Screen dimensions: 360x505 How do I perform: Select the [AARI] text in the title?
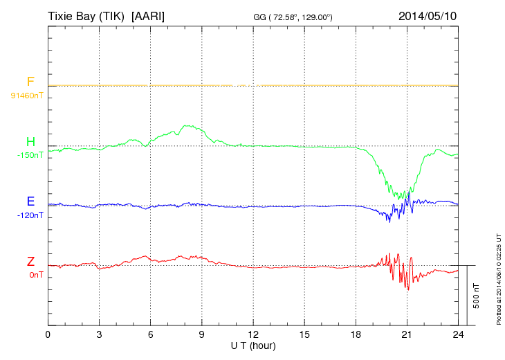pos(151,15)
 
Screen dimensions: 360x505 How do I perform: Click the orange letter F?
pos(30,82)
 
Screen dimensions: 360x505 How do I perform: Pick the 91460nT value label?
pos(27,96)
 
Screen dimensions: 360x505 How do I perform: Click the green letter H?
pos(30,143)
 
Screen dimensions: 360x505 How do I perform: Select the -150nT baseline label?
pos(30,155)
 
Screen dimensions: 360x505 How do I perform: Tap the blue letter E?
pos(30,202)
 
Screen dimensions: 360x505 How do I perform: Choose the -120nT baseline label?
pos(30,215)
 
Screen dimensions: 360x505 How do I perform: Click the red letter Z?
pos(30,262)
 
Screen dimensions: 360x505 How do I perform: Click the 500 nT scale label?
pos(477,296)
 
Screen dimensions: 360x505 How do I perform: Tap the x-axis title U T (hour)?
pos(253,345)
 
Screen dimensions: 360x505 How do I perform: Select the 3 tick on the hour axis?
pos(99,334)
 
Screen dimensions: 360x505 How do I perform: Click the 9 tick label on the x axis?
pos(201,334)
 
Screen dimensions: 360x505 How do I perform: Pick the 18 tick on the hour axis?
pos(356,334)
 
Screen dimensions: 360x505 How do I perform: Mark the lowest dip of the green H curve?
pos(399,199)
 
